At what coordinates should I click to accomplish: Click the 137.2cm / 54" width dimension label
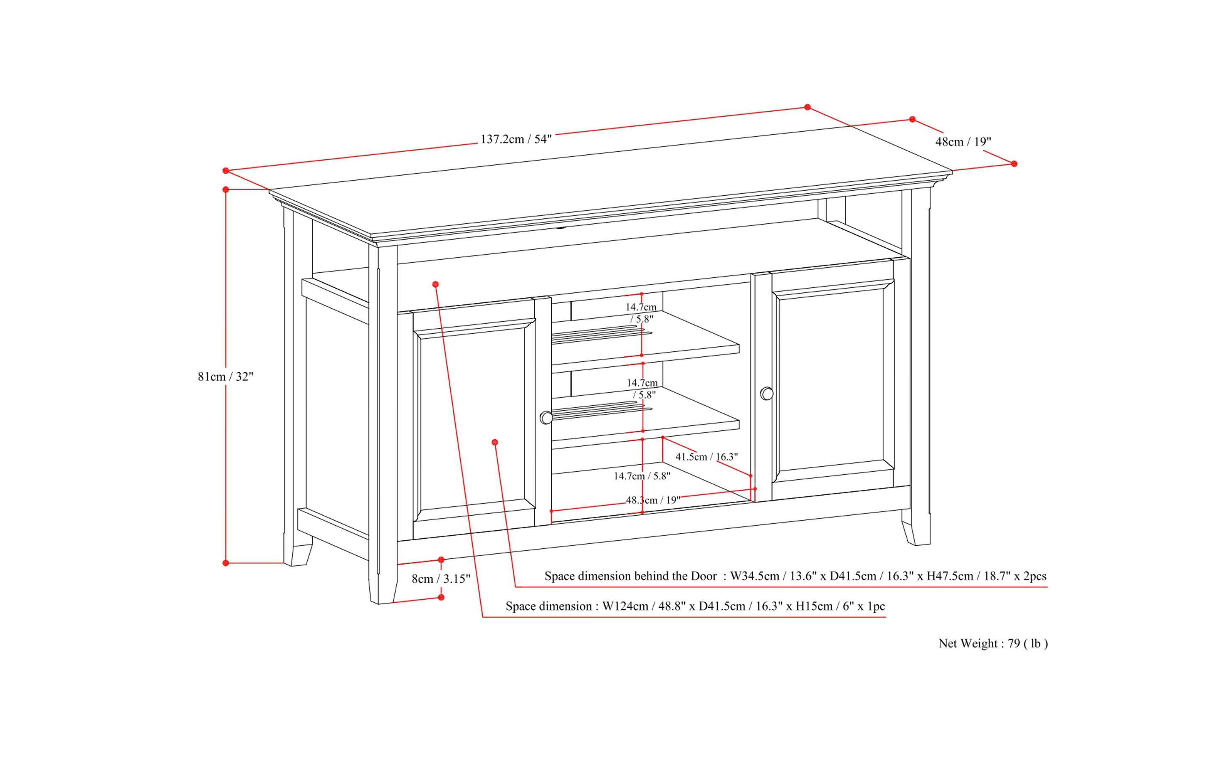pyautogui.click(x=516, y=139)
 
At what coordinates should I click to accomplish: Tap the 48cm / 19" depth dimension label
pyautogui.click(x=963, y=142)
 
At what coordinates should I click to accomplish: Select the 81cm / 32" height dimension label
pyautogui.click(x=225, y=376)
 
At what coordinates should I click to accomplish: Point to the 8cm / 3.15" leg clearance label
pyautogui.click(x=441, y=579)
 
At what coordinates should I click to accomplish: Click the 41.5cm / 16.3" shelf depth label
pyautogui.click(x=706, y=457)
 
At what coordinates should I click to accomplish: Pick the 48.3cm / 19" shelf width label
pyautogui.click(x=652, y=500)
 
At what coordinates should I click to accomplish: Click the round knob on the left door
pyautogui.click(x=546, y=417)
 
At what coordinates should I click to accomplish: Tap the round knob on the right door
pyautogui.click(x=767, y=394)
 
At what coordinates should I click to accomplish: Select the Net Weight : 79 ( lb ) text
pyautogui.click(x=993, y=643)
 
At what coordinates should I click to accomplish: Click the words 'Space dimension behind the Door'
pyautogui.click(x=630, y=576)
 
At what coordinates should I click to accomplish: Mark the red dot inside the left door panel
pyautogui.click(x=494, y=442)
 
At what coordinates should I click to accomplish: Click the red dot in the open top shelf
pyautogui.click(x=436, y=284)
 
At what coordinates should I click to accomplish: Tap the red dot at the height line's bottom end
pyautogui.click(x=226, y=563)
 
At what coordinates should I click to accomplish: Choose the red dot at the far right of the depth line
pyautogui.click(x=1014, y=164)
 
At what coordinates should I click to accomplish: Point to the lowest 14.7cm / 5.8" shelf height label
pyautogui.click(x=642, y=476)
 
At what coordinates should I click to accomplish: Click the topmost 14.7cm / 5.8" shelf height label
pyautogui.click(x=641, y=312)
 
